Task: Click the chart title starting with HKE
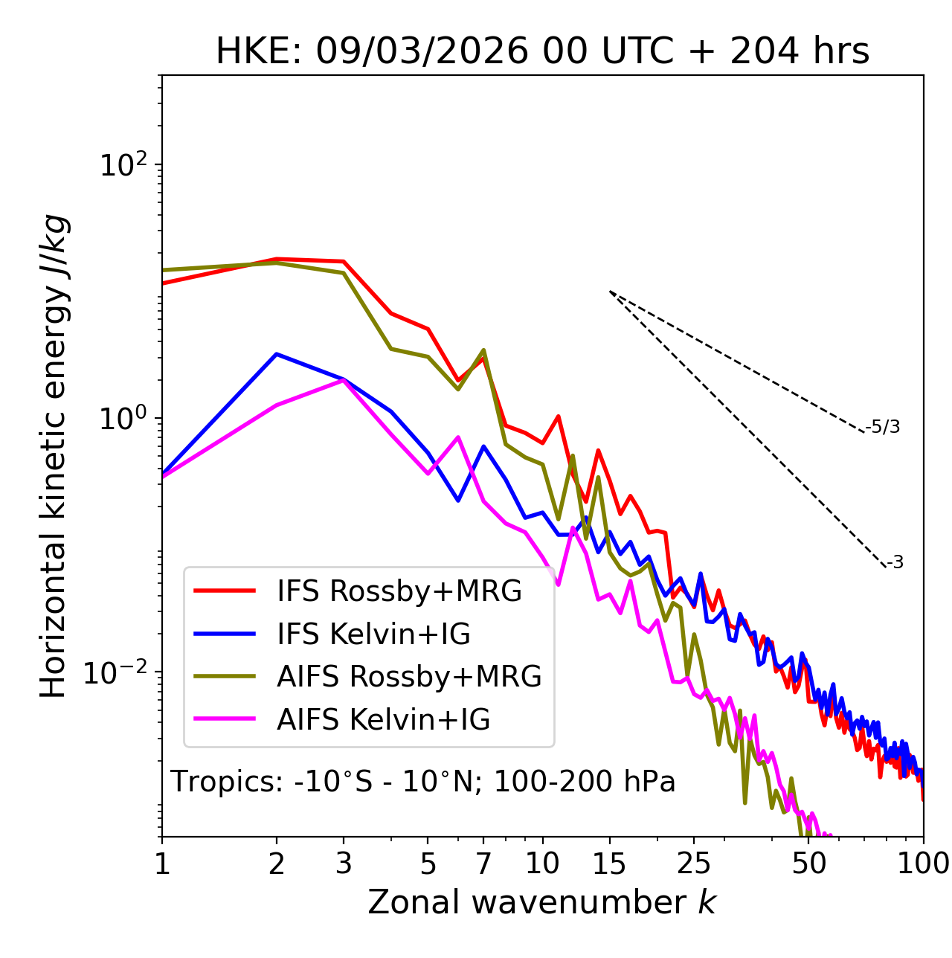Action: click(542, 52)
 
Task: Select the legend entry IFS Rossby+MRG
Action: click(399, 591)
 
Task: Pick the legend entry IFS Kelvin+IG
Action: click(373, 634)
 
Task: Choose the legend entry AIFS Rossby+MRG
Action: click(409, 677)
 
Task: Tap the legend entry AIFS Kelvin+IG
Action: click(383, 720)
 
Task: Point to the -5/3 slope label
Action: click(883, 427)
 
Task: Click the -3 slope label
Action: click(895, 563)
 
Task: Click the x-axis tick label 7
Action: click(483, 864)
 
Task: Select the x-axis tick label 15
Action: click(609, 864)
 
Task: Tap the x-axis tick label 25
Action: click(694, 864)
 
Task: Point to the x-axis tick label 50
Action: click(808, 864)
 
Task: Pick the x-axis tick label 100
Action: click(922, 864)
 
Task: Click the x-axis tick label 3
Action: click(343, 864)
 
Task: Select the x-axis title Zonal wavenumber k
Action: click(542, 902)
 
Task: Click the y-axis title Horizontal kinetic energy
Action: click(54, 457)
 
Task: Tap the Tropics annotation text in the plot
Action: click(423, 782)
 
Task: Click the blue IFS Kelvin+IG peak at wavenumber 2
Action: click(277, 354)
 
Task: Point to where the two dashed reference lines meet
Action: click(610, 292)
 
